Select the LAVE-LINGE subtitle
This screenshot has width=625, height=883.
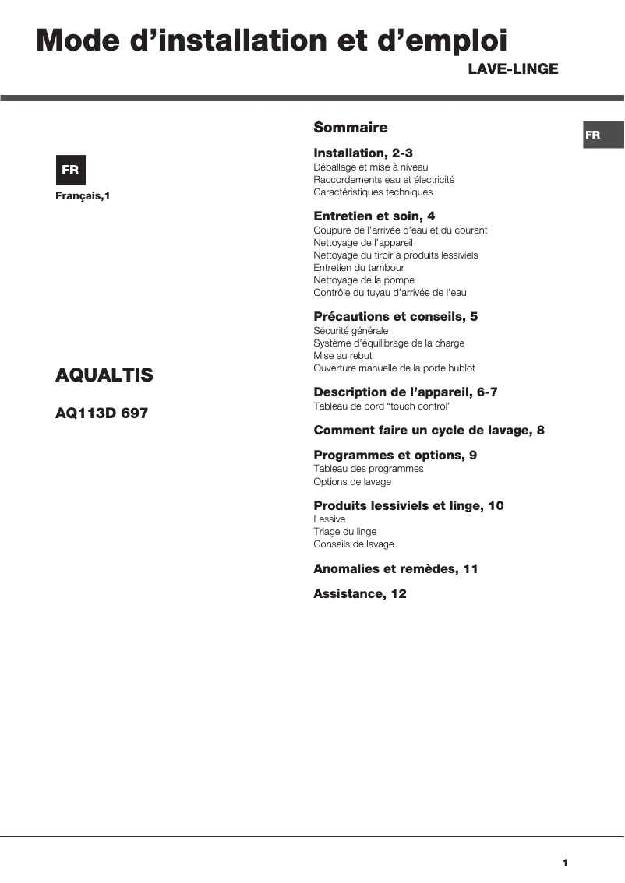click(x=513, y=69)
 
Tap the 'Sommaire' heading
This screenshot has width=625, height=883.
click(x=350, y=128)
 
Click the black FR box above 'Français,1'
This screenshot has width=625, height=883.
click(x=70, y=171)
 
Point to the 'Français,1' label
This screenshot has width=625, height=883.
click(x=83, y=196)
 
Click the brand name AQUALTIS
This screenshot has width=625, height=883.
click(x=104, y=375)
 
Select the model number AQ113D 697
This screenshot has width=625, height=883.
click(x=101, y=413)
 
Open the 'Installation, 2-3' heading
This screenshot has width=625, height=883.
click(x=363, y=153)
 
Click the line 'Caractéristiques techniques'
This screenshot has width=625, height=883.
click(x=373, y=192)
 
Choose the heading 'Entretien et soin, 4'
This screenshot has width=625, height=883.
click(x=374, y=216)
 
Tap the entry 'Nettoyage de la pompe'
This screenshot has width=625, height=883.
click(x=364, y=280)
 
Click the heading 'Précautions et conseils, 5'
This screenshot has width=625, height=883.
click(x=395, y=317)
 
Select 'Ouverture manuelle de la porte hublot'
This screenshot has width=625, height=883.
click(x=394, y=368)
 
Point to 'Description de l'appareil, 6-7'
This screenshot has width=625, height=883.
click(x=405, y=392)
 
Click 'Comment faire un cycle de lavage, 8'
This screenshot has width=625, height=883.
click(x=429, y=431)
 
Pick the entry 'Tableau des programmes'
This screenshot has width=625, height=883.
click(x=369, y=469)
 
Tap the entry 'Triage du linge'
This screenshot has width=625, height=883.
click(x=344, y=532)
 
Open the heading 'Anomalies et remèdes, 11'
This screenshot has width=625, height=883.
click(x=395, y=569)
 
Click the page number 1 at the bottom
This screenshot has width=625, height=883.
click(x=564, y=863)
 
